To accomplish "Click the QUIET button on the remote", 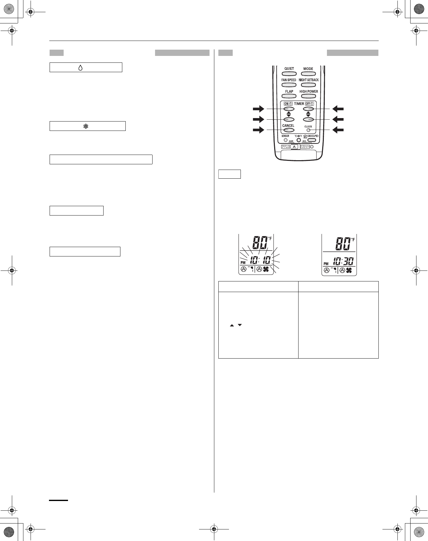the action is [x=289, y=74].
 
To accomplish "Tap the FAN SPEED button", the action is [x=289, y=85].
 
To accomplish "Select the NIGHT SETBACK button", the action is [x=308, y=85].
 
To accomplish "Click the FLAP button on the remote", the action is [x=289, y=96].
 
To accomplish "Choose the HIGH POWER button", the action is [x=308, y=96].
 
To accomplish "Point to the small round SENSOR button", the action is [x=285, y=140].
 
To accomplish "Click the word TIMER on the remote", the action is [x=299, y=104].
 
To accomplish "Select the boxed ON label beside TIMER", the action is [x=288, y=104].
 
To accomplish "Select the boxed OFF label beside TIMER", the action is [x=309, y=104].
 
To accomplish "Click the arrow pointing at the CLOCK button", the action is [x=338, y=130].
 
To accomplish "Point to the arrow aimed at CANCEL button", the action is [x=258, y=130].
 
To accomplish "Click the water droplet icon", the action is [x=80, y=67].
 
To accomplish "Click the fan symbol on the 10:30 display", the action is [x=349, y=270].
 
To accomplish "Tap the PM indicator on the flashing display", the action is [x=243, y=263].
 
